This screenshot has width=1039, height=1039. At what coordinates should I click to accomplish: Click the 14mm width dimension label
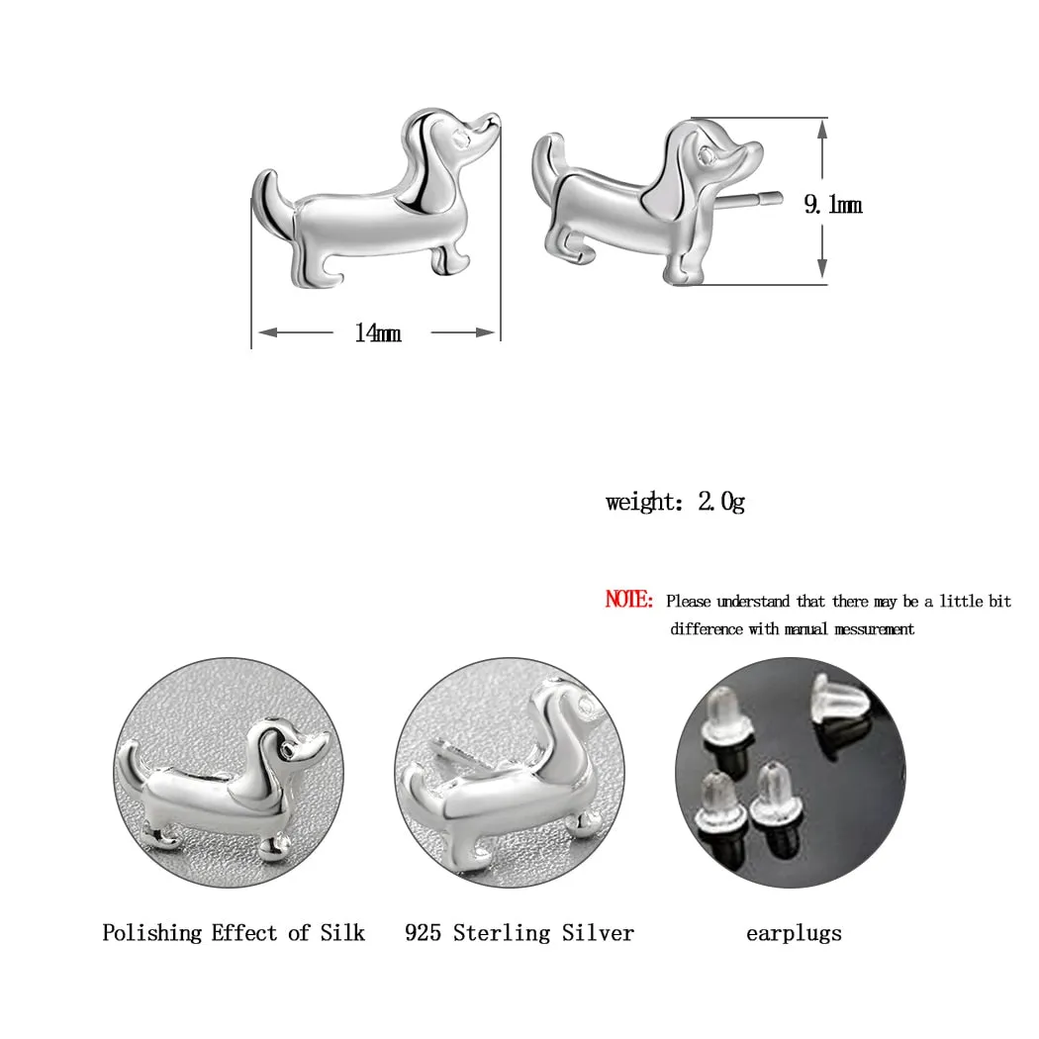(378, 333)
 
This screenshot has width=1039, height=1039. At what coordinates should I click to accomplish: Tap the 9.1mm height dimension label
(832, 205)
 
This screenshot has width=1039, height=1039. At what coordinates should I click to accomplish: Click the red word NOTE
(628, 600)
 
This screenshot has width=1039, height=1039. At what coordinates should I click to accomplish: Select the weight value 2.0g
(721, 502)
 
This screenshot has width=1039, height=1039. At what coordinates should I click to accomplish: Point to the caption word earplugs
(794, 932)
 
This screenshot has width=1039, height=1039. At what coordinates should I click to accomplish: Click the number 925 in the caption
(423, 932)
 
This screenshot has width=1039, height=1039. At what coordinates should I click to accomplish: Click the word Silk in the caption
(341, 932)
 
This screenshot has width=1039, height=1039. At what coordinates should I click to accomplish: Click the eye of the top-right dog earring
(706, 154)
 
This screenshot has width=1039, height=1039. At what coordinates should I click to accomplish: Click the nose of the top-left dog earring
(493, 122)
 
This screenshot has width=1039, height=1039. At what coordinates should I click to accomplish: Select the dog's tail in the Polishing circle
(128, 763)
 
